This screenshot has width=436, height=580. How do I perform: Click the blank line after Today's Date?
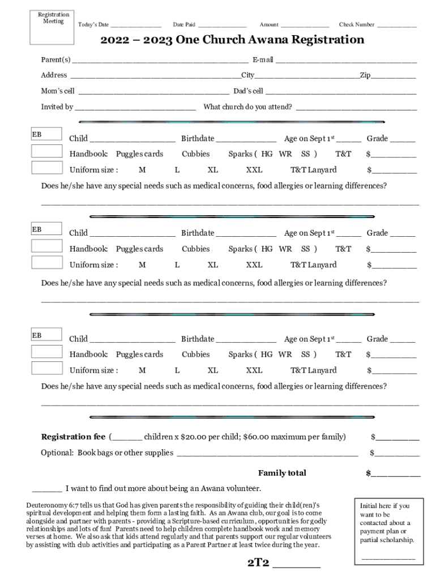pyautogui.click(x=136, y=25)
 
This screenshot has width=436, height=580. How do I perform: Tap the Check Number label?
pyautogui.click(x=356, y=24)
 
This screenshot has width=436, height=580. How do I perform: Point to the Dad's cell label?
pyautogui.click(x=248, y=91)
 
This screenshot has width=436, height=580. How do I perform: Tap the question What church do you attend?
pyautogui.click(x=247, y=107)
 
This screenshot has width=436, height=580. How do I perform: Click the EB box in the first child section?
pyautogui.click(x=46, y=135)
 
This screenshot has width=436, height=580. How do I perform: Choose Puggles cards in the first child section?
pyautogui.click(x=139, y=154)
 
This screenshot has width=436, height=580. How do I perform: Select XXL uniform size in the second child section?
pyautogui.click(x=254, y=265)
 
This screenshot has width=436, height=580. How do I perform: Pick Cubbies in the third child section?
pyautogui.click(x=195, y=355)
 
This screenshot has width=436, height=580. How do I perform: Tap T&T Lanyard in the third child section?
pyautogui.click(x=313, y=370)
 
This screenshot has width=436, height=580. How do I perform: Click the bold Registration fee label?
pyautogui.click(x=73, y=437)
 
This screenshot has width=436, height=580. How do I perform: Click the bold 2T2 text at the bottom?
pyautogui.click(x=258, y=563)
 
